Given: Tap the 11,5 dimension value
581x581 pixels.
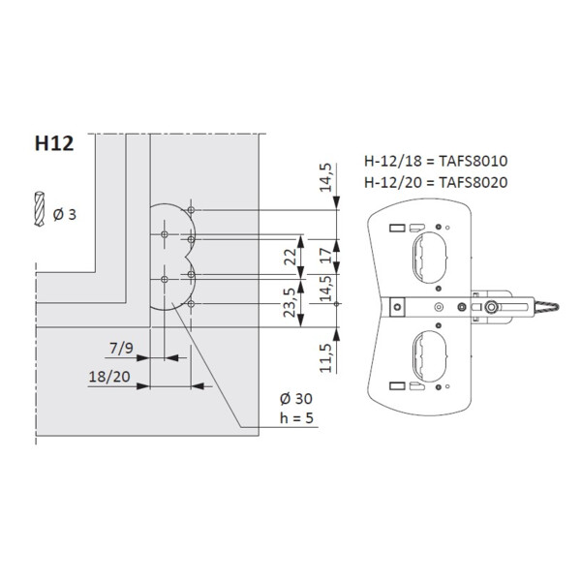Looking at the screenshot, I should (x=328, y=354).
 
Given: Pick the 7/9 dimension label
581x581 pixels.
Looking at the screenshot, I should (x=122, y=346).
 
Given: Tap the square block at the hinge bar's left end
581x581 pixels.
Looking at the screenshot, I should (x=395, y=306).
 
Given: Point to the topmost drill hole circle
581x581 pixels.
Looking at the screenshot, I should (x=194, y=210).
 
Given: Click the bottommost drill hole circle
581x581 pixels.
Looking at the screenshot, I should (x=194, y=304).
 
